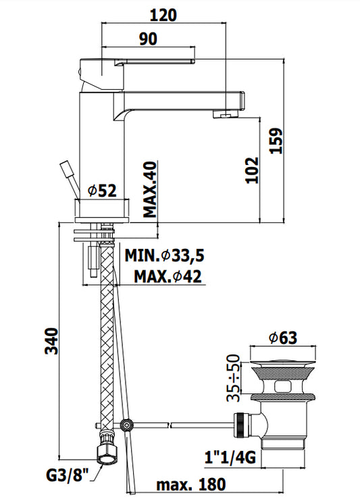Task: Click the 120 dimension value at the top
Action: click(x=163, y=15)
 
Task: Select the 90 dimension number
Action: click(x=148, y=39)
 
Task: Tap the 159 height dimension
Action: click(x=276, y=141)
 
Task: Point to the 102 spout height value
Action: click(x=252, y=170)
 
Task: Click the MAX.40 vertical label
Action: click(x=150, y=189)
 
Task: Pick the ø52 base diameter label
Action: click(x=102, y=191)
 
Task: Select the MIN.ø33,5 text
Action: click(x=164, y=256)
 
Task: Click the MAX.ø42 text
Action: click(x=168, y=277)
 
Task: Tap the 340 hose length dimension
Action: click(x=51, y=341)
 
